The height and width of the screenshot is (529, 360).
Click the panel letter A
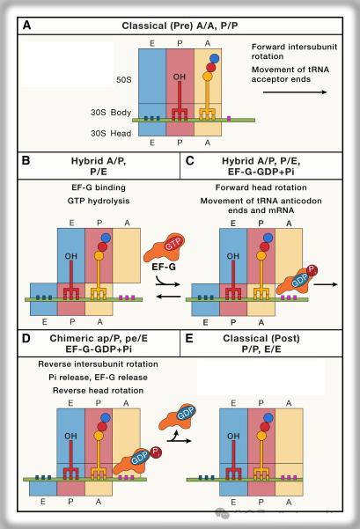[26, 26]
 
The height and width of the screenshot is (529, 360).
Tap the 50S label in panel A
[124, 79]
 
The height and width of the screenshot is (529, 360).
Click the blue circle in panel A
[214, 59]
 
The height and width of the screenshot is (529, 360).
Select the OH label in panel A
[180, 77]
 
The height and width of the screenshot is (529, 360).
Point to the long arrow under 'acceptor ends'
[295, 92]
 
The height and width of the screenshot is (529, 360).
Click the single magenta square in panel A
[229, 119]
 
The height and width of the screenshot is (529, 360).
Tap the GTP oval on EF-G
[173, 244]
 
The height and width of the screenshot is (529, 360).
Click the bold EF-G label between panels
[164, 267]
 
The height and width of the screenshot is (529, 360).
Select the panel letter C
[190, 160]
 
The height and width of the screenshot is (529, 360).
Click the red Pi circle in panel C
[312, 270]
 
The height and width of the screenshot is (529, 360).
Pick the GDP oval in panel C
[299, 281]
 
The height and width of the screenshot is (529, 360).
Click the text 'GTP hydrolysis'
[99, 201]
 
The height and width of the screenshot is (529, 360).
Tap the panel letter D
[26, 338]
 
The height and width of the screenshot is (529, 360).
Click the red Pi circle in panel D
[156, 452]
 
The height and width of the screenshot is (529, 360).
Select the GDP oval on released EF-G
[186, 413]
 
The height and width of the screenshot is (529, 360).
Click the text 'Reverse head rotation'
[99, 390]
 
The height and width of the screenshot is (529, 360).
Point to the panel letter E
[189, 338]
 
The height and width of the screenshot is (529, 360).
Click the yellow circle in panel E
[261, 436]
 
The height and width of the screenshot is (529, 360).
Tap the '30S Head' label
[111, 134]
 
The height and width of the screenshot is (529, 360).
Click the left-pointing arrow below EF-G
[169, 297]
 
